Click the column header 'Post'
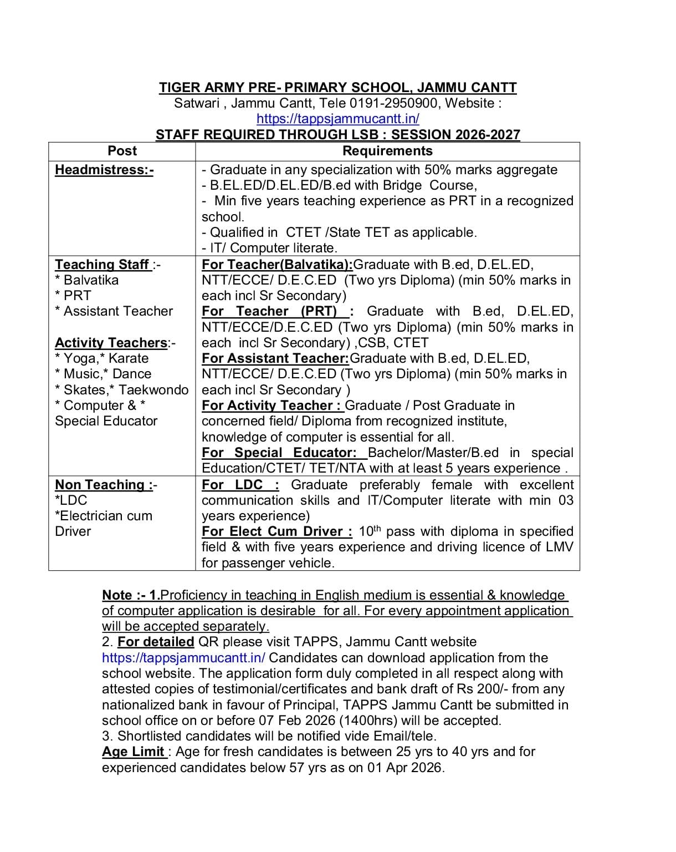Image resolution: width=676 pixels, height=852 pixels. pyautogui.click(x=122, y=151)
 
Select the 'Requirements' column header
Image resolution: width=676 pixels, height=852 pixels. pyautogui.click(x=387, y=151)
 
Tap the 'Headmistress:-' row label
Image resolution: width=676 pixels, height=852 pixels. pyautogui.click(x=104, y=170)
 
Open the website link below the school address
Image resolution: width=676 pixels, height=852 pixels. pyautogui.click(x=337, y=118)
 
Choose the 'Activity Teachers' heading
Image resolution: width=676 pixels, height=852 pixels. pyautogui.click(x=111, y=343)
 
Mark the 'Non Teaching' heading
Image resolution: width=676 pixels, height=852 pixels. pyautogui.click(x=104, y=485)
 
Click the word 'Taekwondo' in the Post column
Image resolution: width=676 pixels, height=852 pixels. pyautogui.click(x=153, y=390)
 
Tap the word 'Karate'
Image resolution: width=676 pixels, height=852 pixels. pyautogui.click(x=129, y=358)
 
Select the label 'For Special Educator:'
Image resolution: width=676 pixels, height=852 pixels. pyautogui.click(x=279, y=453)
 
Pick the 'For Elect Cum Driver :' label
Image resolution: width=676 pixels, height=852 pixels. pyautogui.click(x=276, y=531)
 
